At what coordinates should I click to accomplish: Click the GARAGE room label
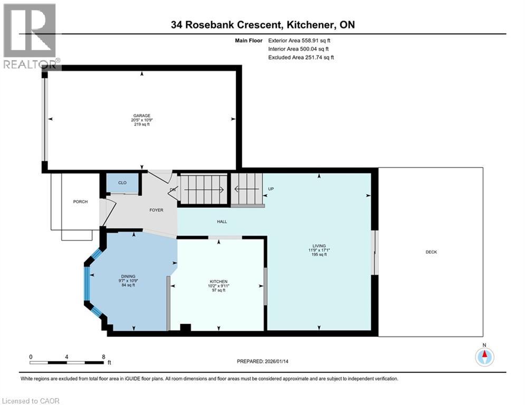click(141, 115)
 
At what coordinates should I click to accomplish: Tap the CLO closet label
click(122, 183)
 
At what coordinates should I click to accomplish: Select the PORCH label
click(80, 201)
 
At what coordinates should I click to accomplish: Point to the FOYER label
click(156, 210)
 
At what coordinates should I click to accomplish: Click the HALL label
click(222, 221)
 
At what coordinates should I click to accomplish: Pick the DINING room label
click(128, 276)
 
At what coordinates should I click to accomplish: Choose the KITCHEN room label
click(218, 282)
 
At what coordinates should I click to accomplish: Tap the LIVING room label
click(319, 246)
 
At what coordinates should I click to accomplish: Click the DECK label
click(431, 252)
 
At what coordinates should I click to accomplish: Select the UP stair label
click(271, 189)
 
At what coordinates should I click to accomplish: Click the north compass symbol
click(484, 356)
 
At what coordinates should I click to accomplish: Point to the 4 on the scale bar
click(66, 357)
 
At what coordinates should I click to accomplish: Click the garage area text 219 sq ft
click(141, 124)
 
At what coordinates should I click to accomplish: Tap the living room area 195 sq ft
click(319, 254)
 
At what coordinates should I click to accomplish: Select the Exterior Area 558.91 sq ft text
click(299, 41)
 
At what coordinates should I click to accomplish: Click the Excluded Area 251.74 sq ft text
click(301, 57)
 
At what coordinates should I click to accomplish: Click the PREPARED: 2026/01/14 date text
click(263, 361)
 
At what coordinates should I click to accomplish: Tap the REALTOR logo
click(30, 36)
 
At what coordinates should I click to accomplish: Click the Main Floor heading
click(249, 41)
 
